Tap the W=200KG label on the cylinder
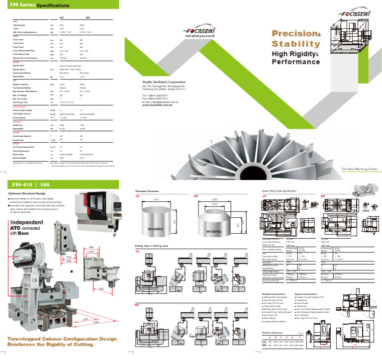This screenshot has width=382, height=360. pos(159,230)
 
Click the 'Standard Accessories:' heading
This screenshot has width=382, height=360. pos(273,294)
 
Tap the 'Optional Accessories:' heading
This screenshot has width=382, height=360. pos(306,294)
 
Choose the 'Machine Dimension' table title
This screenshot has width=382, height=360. pos(274,332)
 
